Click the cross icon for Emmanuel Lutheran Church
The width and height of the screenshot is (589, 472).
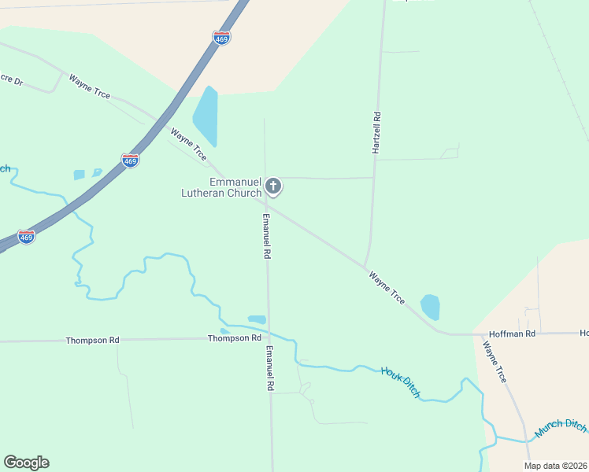pos(273,186)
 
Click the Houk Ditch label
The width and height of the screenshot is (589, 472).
pos(400,382)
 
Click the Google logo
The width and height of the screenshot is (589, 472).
pos(26,463)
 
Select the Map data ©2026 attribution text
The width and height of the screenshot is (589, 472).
pos(555,466)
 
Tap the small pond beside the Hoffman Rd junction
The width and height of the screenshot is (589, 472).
pos(430,307)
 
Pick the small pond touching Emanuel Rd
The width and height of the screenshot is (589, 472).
pos(257,319)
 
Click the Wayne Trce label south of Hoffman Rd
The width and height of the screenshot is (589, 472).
pos(495,363)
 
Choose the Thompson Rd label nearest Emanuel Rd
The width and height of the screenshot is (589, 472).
pos(234,338)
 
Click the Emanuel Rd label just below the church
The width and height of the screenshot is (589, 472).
pos(267,236)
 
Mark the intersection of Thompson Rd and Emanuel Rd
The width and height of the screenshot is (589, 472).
pos(269,339)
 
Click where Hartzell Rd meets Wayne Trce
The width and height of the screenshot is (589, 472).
pos(365,267)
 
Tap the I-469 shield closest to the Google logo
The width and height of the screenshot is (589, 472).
pos(26,237)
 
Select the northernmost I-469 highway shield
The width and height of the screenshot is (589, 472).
pos(222,38)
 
